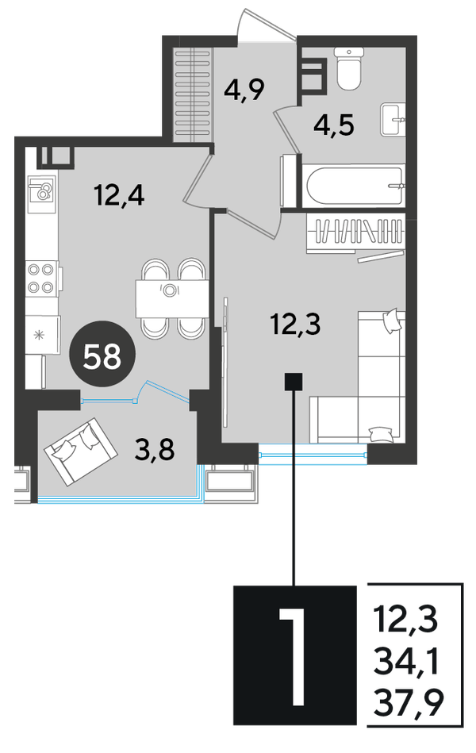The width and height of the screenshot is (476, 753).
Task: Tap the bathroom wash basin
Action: [x=393, y=120]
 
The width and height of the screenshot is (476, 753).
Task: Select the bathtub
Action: [x=353, y=186]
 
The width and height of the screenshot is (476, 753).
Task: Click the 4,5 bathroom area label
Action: [x=334, y=126]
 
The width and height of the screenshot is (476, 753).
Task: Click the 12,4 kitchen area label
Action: [x=120, y=195]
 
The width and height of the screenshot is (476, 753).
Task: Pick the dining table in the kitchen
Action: [x=172, y=298]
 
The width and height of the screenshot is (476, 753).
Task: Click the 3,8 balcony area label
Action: [x=155, y=450]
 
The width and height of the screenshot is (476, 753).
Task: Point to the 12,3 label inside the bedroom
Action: [x=295, y=324]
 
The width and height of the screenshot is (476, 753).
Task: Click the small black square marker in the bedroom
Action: [x=294, y=382]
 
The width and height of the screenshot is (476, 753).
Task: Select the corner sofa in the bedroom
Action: [x=357, y=376]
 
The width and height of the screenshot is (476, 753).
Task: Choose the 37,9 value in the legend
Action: [x=409, y=704]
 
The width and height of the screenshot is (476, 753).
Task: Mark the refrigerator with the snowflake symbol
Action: [x=43, y=335]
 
